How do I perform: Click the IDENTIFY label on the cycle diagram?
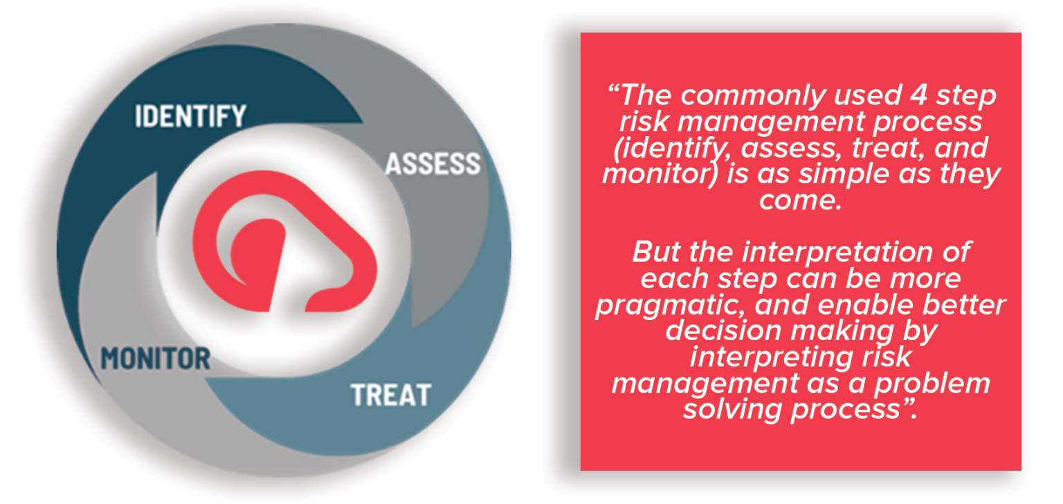point(190,115)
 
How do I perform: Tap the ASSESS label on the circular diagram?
point(433,165)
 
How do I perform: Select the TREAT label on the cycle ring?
point(390,395)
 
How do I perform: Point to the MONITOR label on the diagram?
point(156,358)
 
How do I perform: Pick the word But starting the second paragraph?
point(654,252)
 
